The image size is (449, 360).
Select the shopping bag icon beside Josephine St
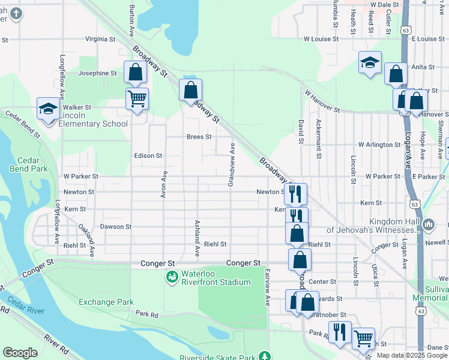(135, 72)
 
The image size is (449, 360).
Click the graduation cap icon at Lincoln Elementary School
(48, 109)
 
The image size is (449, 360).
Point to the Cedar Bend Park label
(28, 164)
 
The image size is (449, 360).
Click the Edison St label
(148, 155)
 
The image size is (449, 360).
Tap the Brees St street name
(199, 137)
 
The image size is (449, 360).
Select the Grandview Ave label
(231, 164)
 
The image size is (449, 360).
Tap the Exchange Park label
(106, 302)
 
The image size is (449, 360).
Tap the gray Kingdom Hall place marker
(429, 225)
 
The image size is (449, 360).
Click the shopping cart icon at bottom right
(363, 338)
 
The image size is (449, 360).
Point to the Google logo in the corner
(20, 353)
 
